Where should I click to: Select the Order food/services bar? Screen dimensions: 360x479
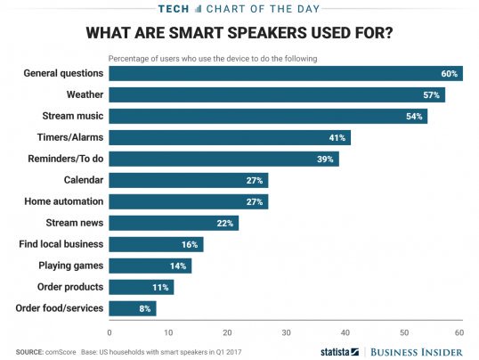click(133, 308)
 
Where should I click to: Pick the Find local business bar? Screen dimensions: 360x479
click(156, 244)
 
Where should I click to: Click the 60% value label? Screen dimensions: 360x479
click(451, 73)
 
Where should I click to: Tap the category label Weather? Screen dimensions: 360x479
click(85, 94)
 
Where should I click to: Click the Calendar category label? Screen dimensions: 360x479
click(81, 180)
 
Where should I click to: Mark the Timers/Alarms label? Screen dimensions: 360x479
click(70, 137)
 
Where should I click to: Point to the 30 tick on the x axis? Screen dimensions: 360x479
click(285, 331)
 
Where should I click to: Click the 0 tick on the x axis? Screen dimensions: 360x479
click(110, 331)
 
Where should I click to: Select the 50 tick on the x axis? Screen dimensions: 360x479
click(402, 331)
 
